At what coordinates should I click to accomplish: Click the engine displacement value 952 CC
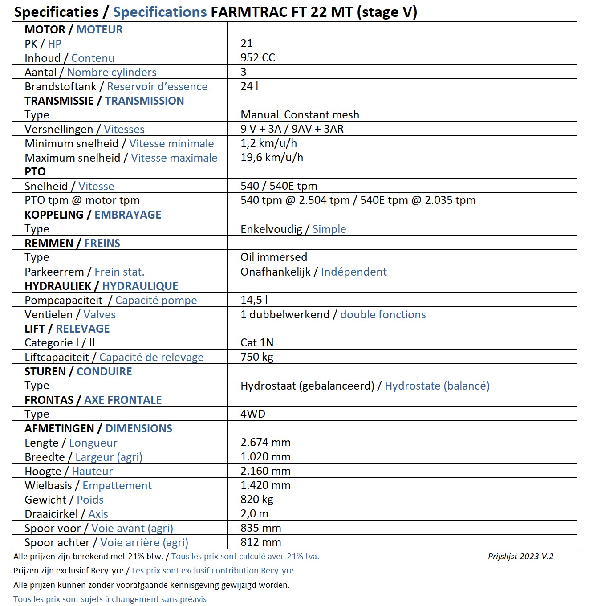click(x=258, y=58)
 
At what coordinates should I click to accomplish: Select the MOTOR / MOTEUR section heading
click(x=73, y=29)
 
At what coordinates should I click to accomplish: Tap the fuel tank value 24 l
click(x=249, y=86)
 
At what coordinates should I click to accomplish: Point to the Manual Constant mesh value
click(x=300, y=115)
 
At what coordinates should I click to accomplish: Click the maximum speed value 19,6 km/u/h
click(x=272, y=158)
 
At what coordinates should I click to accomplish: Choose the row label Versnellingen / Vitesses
click(x=85, y=129)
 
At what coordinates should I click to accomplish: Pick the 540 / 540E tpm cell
click(x=279, y=186)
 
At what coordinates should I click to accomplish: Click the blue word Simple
click(x=329, y=229)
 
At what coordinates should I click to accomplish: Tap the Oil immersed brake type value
click(x=274, y=257)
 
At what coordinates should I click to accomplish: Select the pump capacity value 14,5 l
click(x=254, y=300)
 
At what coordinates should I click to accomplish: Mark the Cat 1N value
click(x=257, y=343)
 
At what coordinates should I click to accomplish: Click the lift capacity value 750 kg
click(x=257, y=357)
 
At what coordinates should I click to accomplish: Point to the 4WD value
click(x=253, y=414)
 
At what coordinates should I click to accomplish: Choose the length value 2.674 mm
click(x=265, y=443)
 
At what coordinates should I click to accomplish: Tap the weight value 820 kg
click(x=257, y=500)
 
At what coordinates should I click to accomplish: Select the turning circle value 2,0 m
click(x=254, y=514)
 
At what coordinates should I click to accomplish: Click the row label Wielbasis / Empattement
click(x=88, y=485)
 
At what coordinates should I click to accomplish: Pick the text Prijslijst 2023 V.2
click(x=520, y=556)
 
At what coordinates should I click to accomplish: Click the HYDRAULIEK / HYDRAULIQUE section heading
click(x=102, y=286)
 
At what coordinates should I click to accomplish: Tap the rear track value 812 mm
click(x=261, y=542)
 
